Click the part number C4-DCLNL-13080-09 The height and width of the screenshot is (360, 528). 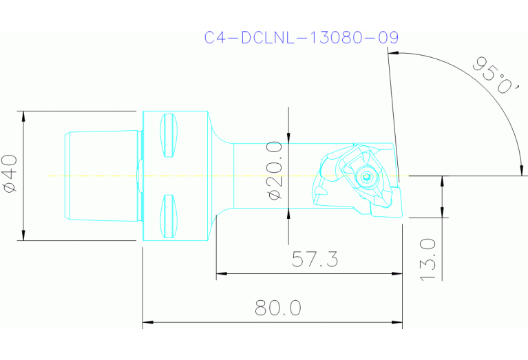tap(301, 38)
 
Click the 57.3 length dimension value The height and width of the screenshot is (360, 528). tap(315, 260)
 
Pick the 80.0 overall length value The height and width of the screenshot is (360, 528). tap(277, 308)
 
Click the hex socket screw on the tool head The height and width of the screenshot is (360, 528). tap(367, 178)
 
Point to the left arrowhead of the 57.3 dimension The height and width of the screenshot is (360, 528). tap(221, 274)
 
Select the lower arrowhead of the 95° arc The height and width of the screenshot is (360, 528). tap(522, 170)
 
